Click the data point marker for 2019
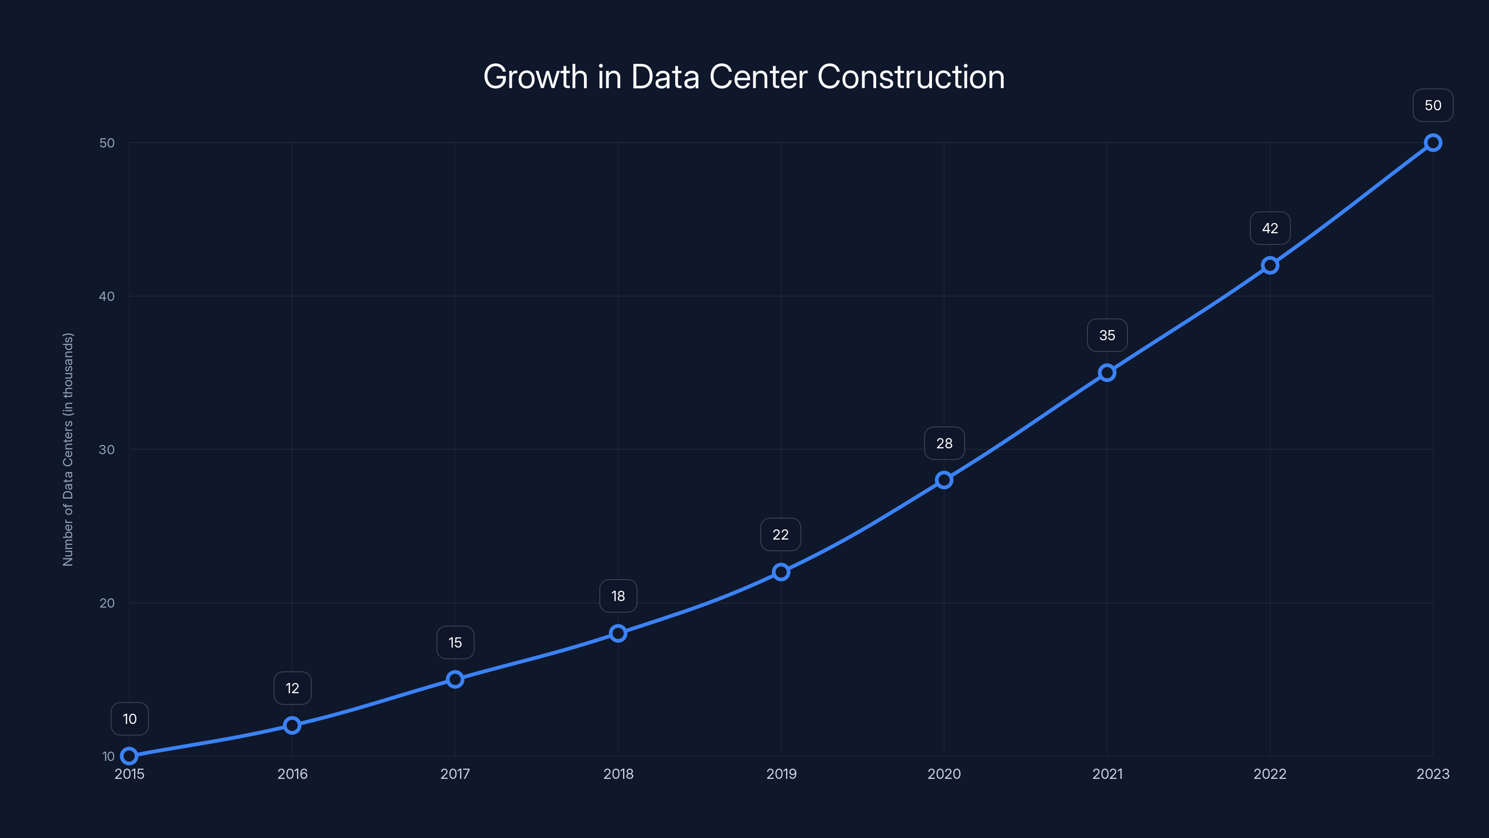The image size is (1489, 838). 781,572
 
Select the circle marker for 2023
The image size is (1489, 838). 1433,143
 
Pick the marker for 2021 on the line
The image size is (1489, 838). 1107,372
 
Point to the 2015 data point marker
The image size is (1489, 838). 129,756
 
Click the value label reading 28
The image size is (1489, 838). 944,444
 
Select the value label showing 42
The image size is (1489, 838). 1270,229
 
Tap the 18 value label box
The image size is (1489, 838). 618,596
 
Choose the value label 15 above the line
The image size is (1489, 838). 455,642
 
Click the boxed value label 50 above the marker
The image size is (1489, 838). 1433,105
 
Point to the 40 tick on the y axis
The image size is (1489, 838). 107,296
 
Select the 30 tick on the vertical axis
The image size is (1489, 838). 107,449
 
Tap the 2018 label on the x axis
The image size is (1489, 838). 618,774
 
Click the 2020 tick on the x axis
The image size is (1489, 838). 944,774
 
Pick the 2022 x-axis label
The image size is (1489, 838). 1270,774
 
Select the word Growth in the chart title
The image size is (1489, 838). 535,77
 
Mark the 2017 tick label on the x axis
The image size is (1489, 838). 455,774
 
